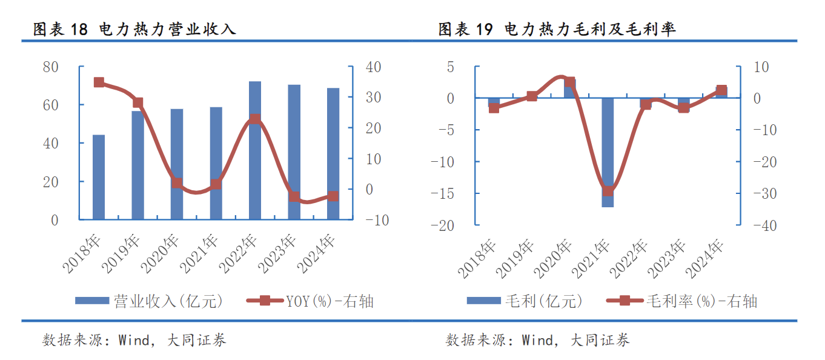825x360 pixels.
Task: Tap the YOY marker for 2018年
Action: pos(99,82)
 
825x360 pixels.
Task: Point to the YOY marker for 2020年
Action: pos(177,182)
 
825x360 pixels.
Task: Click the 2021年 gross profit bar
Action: pos(608,152)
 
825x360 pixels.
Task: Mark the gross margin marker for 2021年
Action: pos(608,191)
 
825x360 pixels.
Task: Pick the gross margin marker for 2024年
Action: pos(721,91)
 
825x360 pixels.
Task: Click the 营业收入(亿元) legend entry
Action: pos(149,301)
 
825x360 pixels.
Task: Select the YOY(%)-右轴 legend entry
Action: pos(310,301)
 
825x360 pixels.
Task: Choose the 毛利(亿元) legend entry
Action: pos(525,301)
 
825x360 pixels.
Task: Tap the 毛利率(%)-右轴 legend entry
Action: pos(681,301)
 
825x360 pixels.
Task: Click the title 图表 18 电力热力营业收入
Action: pos(134,28)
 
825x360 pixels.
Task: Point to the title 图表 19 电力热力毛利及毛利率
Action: pos(557,28)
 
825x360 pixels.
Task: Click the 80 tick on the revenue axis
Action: pos(51,67)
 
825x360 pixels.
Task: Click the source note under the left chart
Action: pos(134,341)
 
